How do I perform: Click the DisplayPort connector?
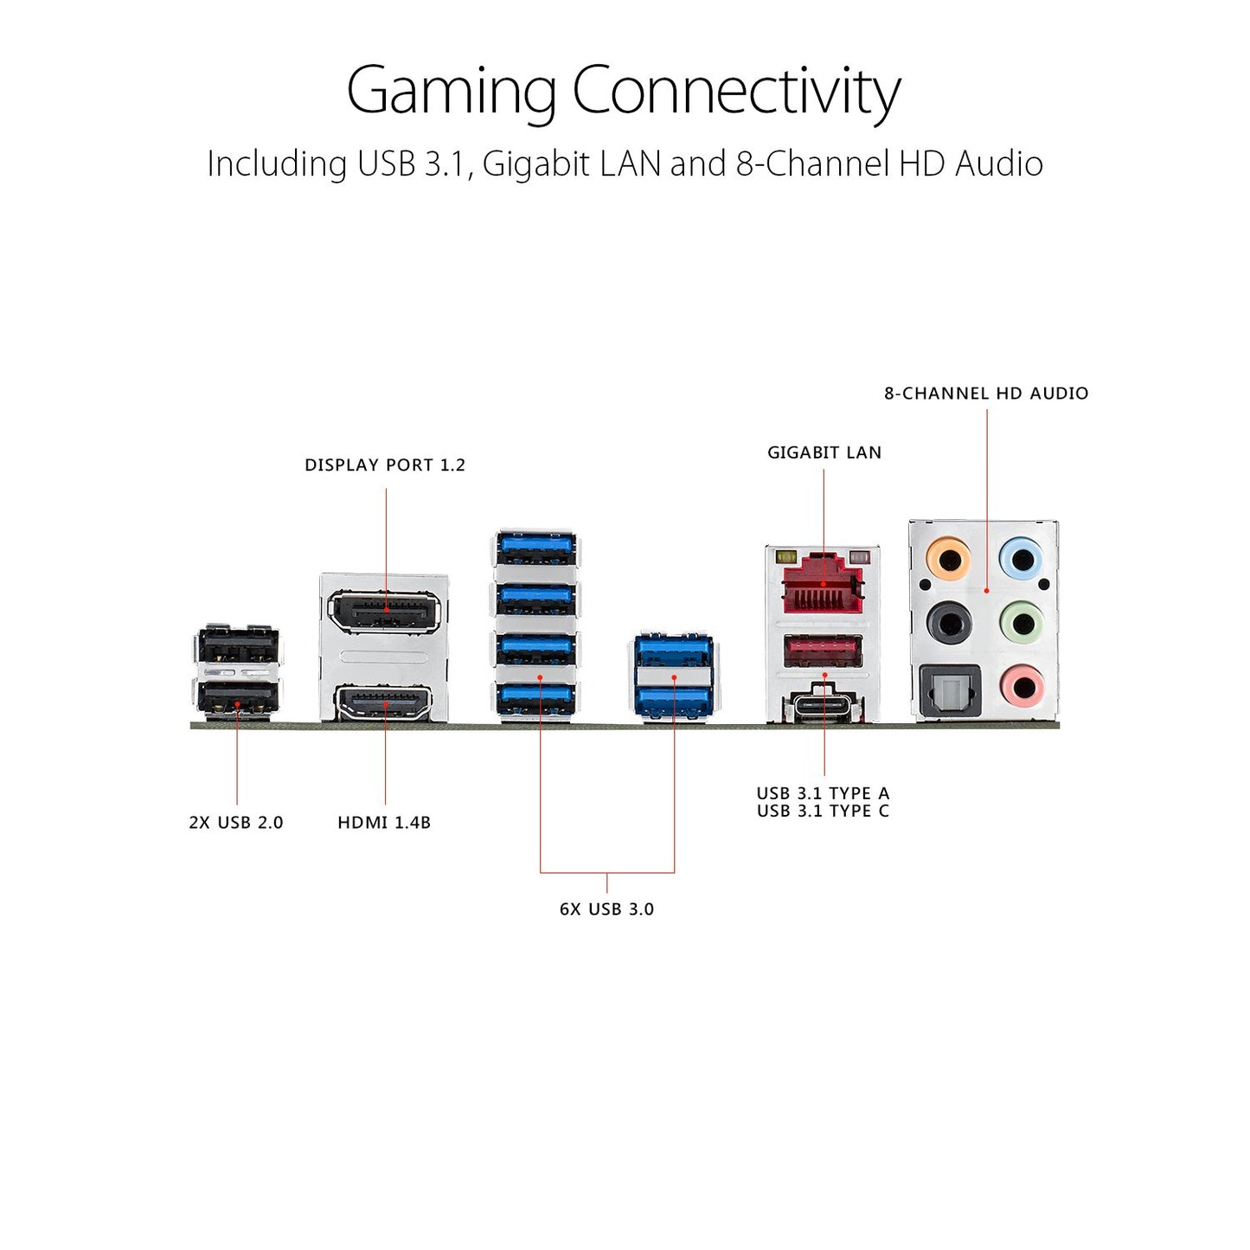(x=386, y=611)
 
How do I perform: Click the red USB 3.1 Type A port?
(x=824, y=652)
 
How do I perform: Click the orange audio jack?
(x=948, y=559)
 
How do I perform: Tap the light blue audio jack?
(x=1021, y=559)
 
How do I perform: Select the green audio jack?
(x=1021, y=624)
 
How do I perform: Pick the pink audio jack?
(x=1021, y=687)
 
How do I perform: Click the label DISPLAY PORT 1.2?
(x=385, y=465)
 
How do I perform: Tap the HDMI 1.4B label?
(x=384, y=823)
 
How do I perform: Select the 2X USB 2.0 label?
(x=236, y=823)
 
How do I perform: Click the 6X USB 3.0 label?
(x=606, y=909)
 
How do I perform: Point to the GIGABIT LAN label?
(x=824, y=452)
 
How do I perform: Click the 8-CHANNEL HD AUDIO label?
(x=987, y=393)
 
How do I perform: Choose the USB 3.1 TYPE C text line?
(x=824, y=811)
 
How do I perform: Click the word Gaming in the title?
(x=452, y=91)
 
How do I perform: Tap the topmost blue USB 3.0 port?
(x=535, y=548)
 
